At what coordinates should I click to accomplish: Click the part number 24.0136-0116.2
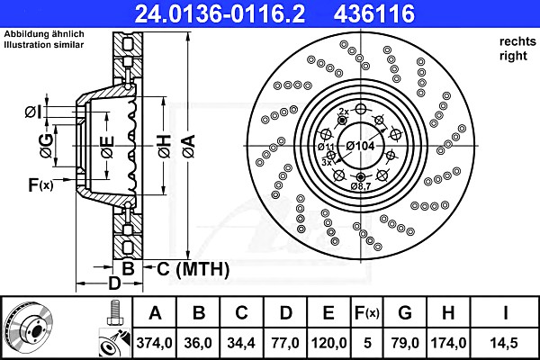coord(220,13)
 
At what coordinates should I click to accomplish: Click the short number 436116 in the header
coord(374,13)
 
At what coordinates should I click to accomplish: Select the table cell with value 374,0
coord(154,343)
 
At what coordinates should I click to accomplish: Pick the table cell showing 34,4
coord(241,343)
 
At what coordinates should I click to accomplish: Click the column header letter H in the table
coord(448,313)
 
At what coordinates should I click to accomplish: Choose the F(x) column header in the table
coord(367,313)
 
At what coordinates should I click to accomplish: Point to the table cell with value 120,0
coord(328,343)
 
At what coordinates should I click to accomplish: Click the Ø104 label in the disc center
coord(360,146)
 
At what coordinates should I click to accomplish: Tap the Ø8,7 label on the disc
coord(361,186)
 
